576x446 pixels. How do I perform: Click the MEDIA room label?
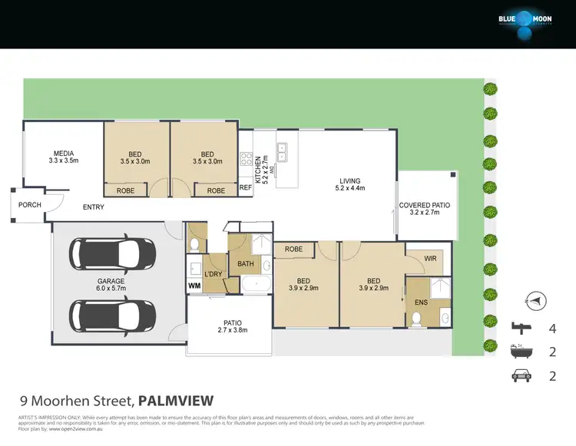click(x=64, y=157)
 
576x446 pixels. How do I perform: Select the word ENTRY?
click(x=94, y=207)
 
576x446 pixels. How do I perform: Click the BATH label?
click(x=246, y=264)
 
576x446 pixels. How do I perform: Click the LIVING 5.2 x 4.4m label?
click(x=350, y=185)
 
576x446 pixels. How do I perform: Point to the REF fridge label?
click(x=246, y=187)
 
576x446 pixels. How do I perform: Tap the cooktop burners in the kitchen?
click(x=247, y=160)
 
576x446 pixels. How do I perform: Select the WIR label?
click(x=430, y=259)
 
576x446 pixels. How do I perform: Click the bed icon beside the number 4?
click(x=521, y=328)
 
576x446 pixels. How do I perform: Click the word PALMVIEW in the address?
click(x=175, y=400)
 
